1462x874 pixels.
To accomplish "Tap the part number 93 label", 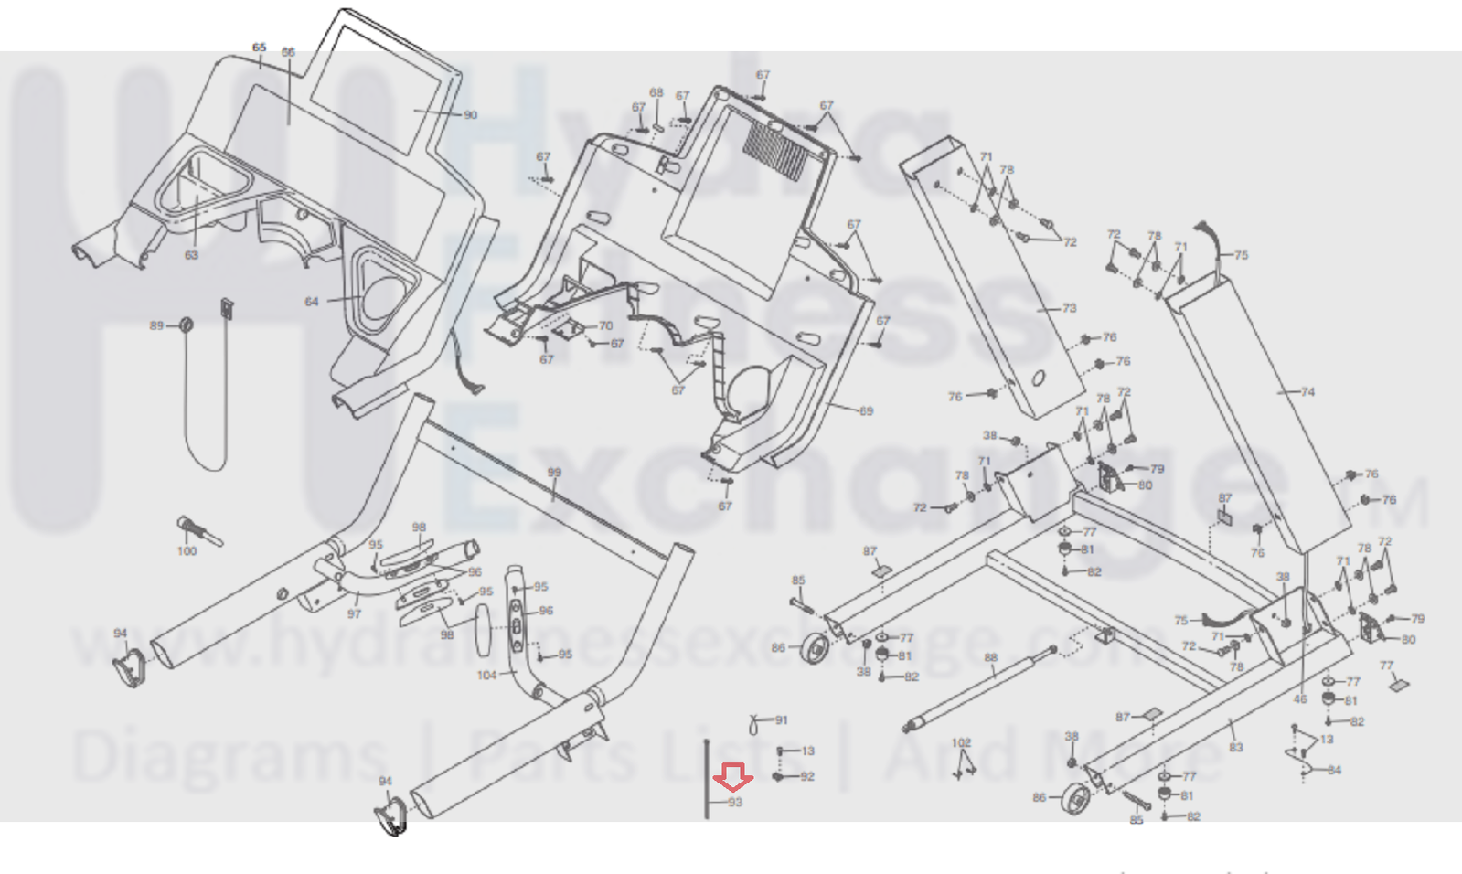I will [735, 803].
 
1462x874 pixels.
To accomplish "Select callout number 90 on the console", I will [470, 115].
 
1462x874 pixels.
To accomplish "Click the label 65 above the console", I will [259, 48].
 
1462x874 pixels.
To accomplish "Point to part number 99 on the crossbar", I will [554, 473].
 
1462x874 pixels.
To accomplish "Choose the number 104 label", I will [486, 676].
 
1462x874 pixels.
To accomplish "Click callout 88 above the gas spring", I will [991, 657].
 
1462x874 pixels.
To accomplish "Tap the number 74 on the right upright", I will [1307, 392].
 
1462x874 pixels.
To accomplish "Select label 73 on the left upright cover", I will [1070, 308].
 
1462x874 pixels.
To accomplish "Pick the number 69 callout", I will [866, 411].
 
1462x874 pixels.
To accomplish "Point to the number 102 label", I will [961, 742].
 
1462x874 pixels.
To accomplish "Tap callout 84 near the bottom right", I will [1334, 770].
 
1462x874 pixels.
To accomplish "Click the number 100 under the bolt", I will [187, 551].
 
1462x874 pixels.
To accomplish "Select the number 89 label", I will [156, 325].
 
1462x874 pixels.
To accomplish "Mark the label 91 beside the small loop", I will [782, 720].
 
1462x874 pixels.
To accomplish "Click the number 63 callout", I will [191, 255].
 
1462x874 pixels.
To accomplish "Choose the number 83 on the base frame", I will [1236, 748].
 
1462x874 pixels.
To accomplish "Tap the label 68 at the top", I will [656, 92].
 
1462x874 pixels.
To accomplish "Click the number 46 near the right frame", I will [1300, 699].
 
